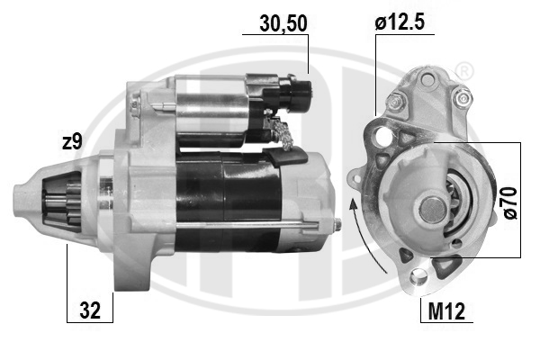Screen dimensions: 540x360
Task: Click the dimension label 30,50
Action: [283, 23]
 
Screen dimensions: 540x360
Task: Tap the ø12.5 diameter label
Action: [400, 22]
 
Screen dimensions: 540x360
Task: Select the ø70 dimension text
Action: [510, 202]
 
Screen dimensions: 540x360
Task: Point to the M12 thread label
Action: [446, 311]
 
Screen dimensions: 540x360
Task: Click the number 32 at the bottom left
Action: [90, 310]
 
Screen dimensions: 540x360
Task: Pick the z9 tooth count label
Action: [72, 141]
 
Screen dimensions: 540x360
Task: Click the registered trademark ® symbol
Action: [463, 71]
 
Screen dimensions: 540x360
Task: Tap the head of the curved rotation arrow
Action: [353, 204]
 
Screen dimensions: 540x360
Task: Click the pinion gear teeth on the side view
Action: [62, 205]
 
